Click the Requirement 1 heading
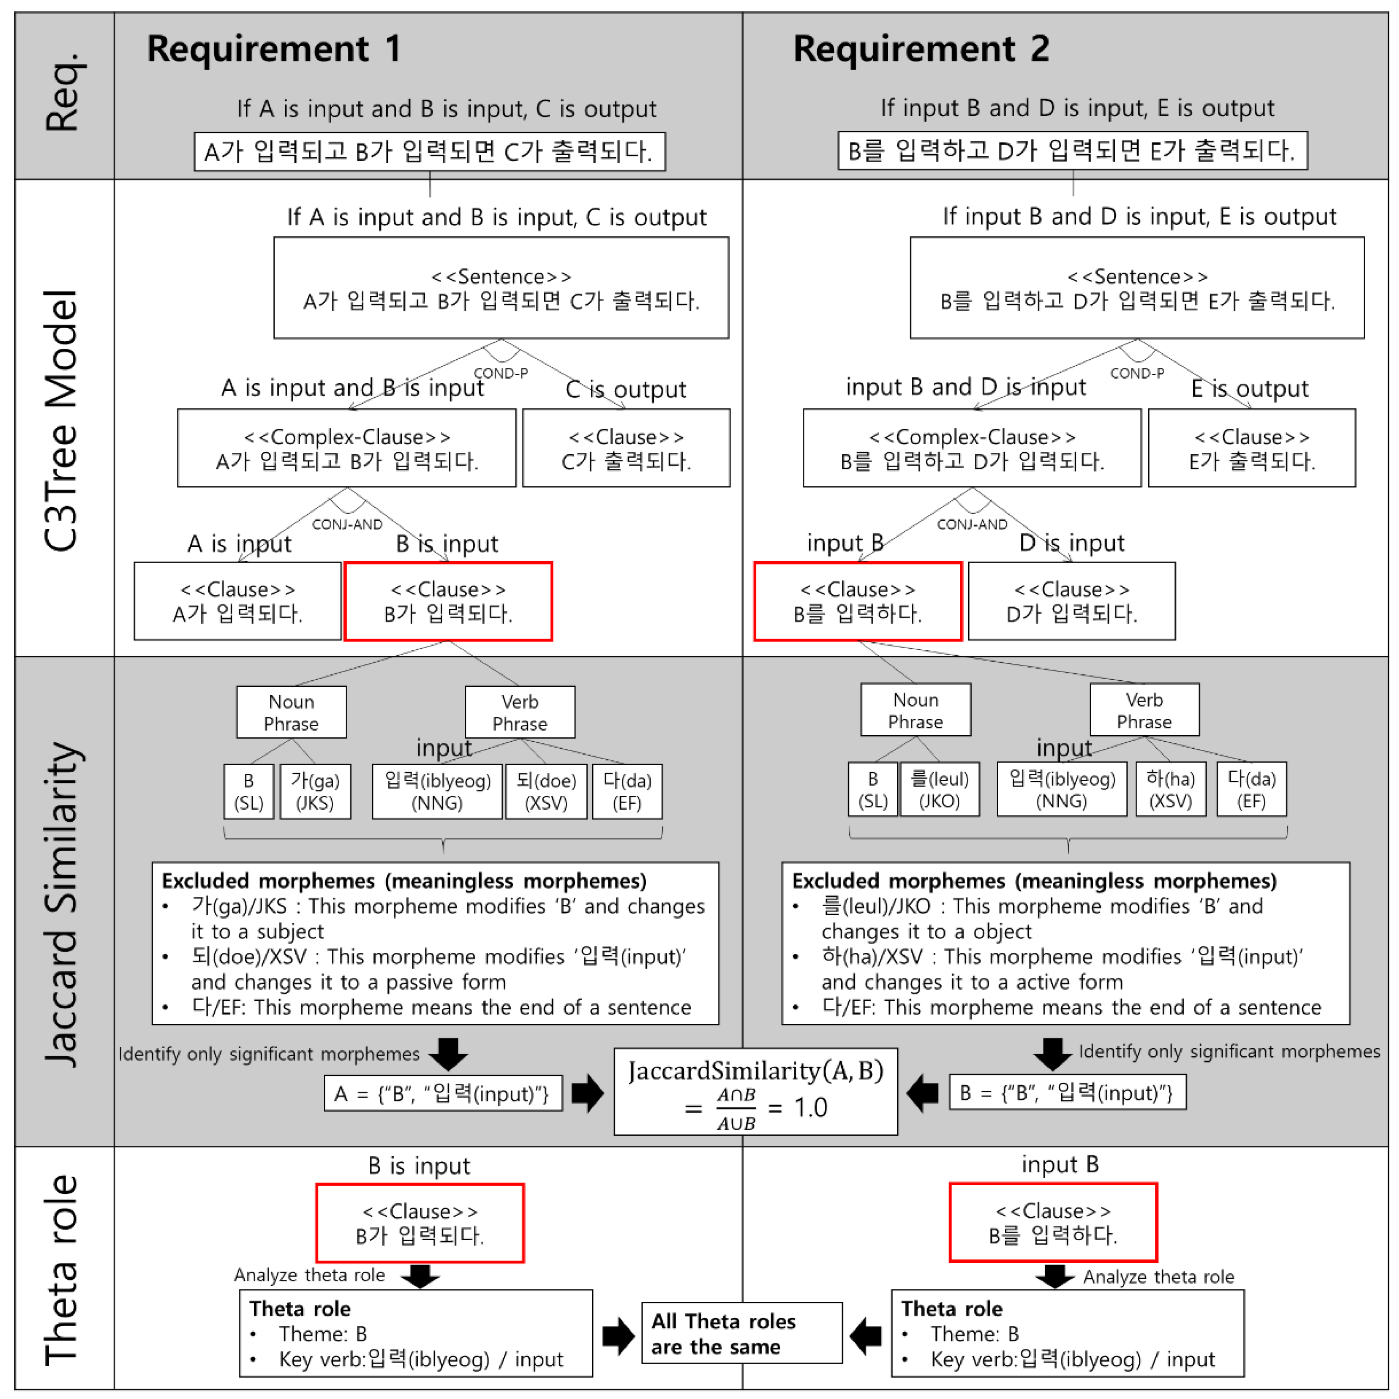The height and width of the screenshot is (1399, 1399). (273, 49)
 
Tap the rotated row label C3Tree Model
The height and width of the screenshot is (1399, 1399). (61, 420)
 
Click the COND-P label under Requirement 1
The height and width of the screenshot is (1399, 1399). (501, 373)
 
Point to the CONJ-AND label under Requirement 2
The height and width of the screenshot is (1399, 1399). (972, 524)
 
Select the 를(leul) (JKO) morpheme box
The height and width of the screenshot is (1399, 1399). (939, 789)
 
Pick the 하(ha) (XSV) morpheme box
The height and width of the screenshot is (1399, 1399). (1170, 789)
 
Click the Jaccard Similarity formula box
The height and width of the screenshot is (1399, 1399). (755, 1091)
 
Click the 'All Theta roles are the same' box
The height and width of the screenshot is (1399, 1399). (742, 1333)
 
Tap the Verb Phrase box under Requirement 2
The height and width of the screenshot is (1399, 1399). (1144, 710)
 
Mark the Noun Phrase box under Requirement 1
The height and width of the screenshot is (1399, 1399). (291, 712)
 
